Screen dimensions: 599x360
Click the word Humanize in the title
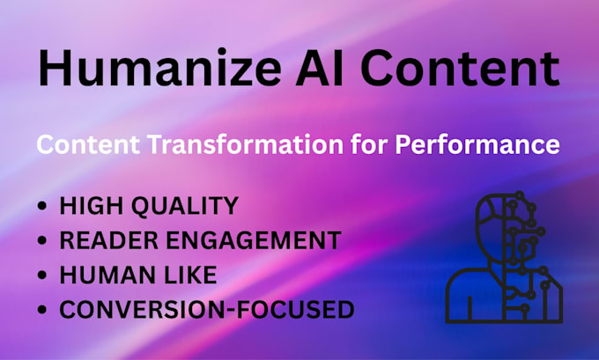point(160,68)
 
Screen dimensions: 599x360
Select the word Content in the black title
point(461,69)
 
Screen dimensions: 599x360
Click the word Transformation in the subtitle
point(245,144)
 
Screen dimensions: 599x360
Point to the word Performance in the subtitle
point(477,144)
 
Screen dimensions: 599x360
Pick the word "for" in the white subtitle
point(369,144)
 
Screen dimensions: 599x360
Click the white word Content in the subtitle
point(88,144)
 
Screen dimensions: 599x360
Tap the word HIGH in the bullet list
point(92,206)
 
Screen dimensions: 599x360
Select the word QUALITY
point(185,206)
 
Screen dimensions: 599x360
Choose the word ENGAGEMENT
point(254,240)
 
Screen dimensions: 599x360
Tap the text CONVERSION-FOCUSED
point(207,309)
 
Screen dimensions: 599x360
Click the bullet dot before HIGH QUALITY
point(42,206)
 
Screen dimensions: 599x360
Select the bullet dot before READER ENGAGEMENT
point(42,240)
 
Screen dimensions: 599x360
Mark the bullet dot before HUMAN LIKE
point(42,275)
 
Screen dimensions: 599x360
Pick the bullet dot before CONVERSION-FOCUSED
point(42,309)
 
